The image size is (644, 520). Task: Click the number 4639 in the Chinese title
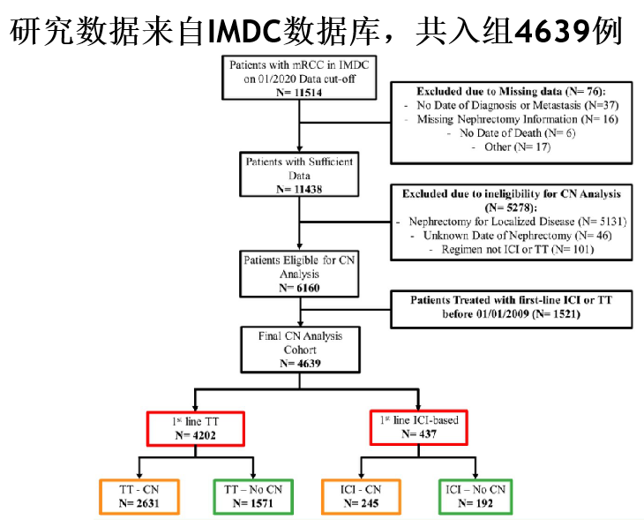click(x=553, y=30)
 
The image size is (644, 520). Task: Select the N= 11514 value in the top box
click(x=299, y=93)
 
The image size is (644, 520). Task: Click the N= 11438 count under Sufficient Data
click(x=299, y=189)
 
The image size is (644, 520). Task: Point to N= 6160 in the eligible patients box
click(x=299, y=288)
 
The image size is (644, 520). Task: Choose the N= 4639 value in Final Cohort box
click(x=300, y=364)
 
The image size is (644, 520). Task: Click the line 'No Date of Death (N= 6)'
click(x=518, y=132)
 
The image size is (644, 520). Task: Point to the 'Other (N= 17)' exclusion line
click(x=518, y=147)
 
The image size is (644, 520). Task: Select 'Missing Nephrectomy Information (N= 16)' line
click(x=518, y=119)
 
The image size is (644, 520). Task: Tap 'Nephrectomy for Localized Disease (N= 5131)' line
click(x=518, y=222)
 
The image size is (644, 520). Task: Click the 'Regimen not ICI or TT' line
click(x=495, y=249)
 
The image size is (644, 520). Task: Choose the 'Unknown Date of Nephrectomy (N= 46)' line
click(x=518, y=236)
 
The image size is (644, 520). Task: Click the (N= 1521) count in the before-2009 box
click(x=556, y=314)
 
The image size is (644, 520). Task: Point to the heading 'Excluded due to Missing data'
click(x=489, y=91)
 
